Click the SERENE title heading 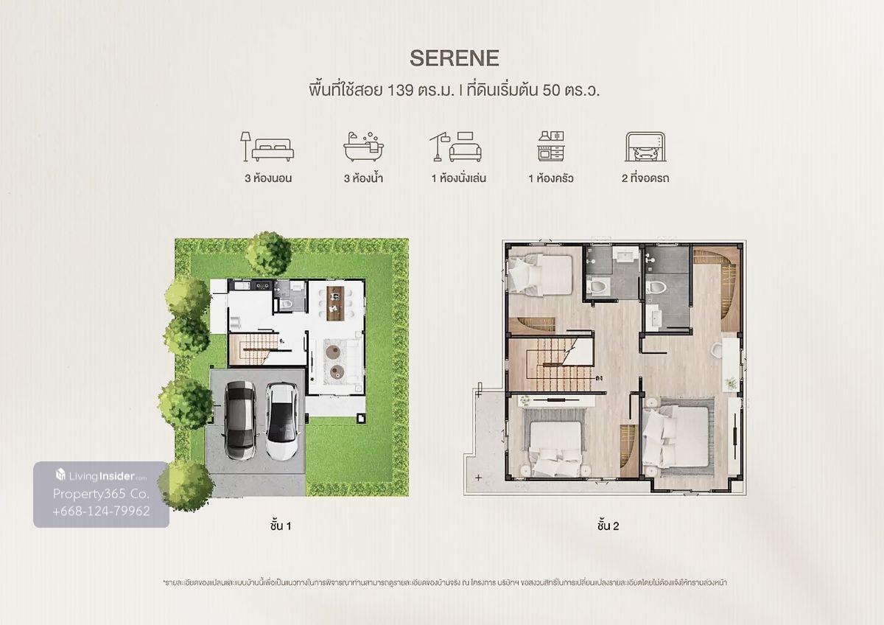[x=455, y=58]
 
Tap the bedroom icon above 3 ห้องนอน [x=267, y=147]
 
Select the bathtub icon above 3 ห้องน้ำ [x=363, y=147]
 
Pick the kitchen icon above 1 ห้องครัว [x=551, y=146]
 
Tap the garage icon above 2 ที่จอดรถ [x=645, y=147]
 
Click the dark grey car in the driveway [x=239, y=420]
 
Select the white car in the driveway [x=281, y=422]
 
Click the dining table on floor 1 [x=335, y=303]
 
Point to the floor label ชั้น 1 [x=281, y=526]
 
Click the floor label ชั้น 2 [x=608, y=526]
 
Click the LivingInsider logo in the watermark [x=101, y=475]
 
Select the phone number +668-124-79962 [x=102, y=511]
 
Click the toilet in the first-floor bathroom [x=286, y=304]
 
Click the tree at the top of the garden [x=268, y=253]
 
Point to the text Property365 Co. [x=101, y=494]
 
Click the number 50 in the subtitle [x=551, y=91]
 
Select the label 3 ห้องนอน [x=268, y=178]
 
